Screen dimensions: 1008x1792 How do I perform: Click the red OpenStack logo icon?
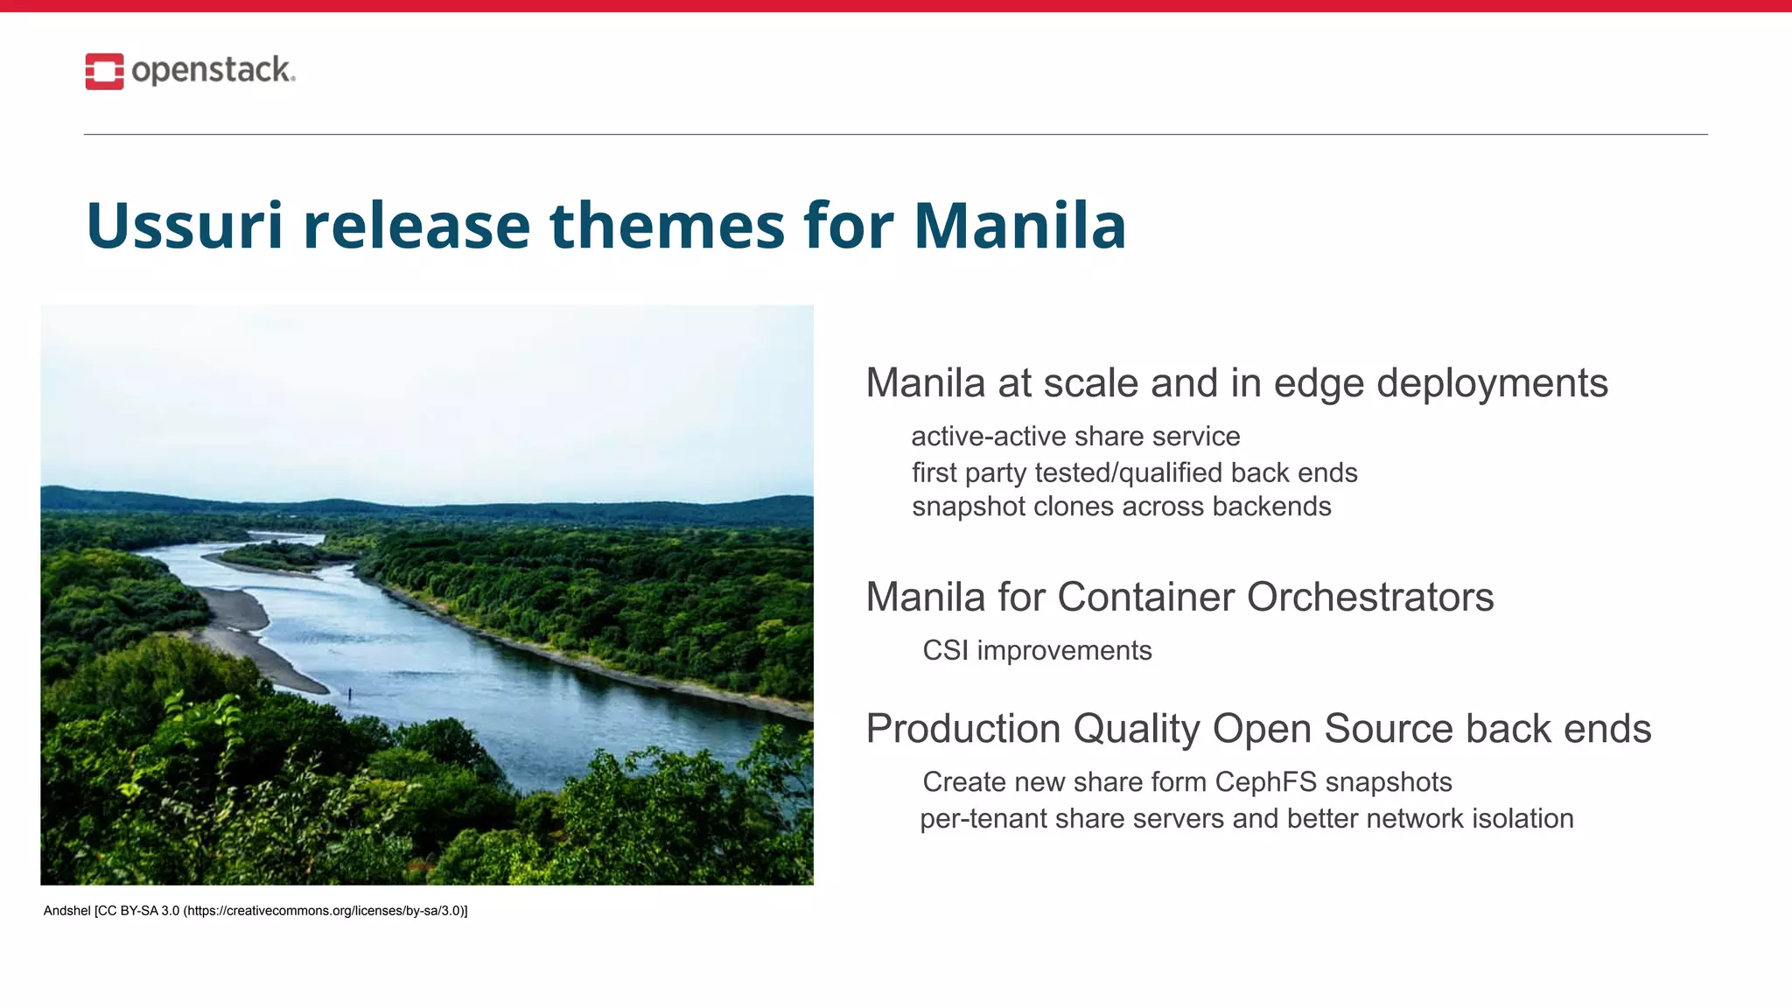pyautogui.click(x=104, y=71)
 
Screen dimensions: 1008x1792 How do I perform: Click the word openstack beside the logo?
pyautogui.click(x=213, y=70)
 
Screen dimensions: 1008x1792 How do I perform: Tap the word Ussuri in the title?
pyautogui.click(x=185, y=226)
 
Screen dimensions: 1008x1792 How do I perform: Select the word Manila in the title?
pyautogui.click(x=1019, y=226)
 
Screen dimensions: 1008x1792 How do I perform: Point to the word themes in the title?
pyautogui.click(x=667, y=226)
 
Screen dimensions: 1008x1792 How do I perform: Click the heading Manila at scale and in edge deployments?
pyautogui.click(x=1235, y=383)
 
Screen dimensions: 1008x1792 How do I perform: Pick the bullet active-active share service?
pyautogui.click(x=1075, y=436)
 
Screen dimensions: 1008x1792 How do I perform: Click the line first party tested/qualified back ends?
pyautogui.click(x=1134, y=472)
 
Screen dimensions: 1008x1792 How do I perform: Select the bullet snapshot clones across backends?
pyautogui.click(x=1121, y=507)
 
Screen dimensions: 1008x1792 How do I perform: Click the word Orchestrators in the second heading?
pyautogui.click(x=1369, y=598)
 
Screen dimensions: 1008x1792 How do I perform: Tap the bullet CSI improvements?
pyautogui.click(x=1037, y=651)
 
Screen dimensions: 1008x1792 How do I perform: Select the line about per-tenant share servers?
pyautogui.click(x=1246, y=819)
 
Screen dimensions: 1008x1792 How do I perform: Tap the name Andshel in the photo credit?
pyautogui.click(x=66, y=911)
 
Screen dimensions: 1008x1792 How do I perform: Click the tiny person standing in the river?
pyautogui.click(x=350, y=695)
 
